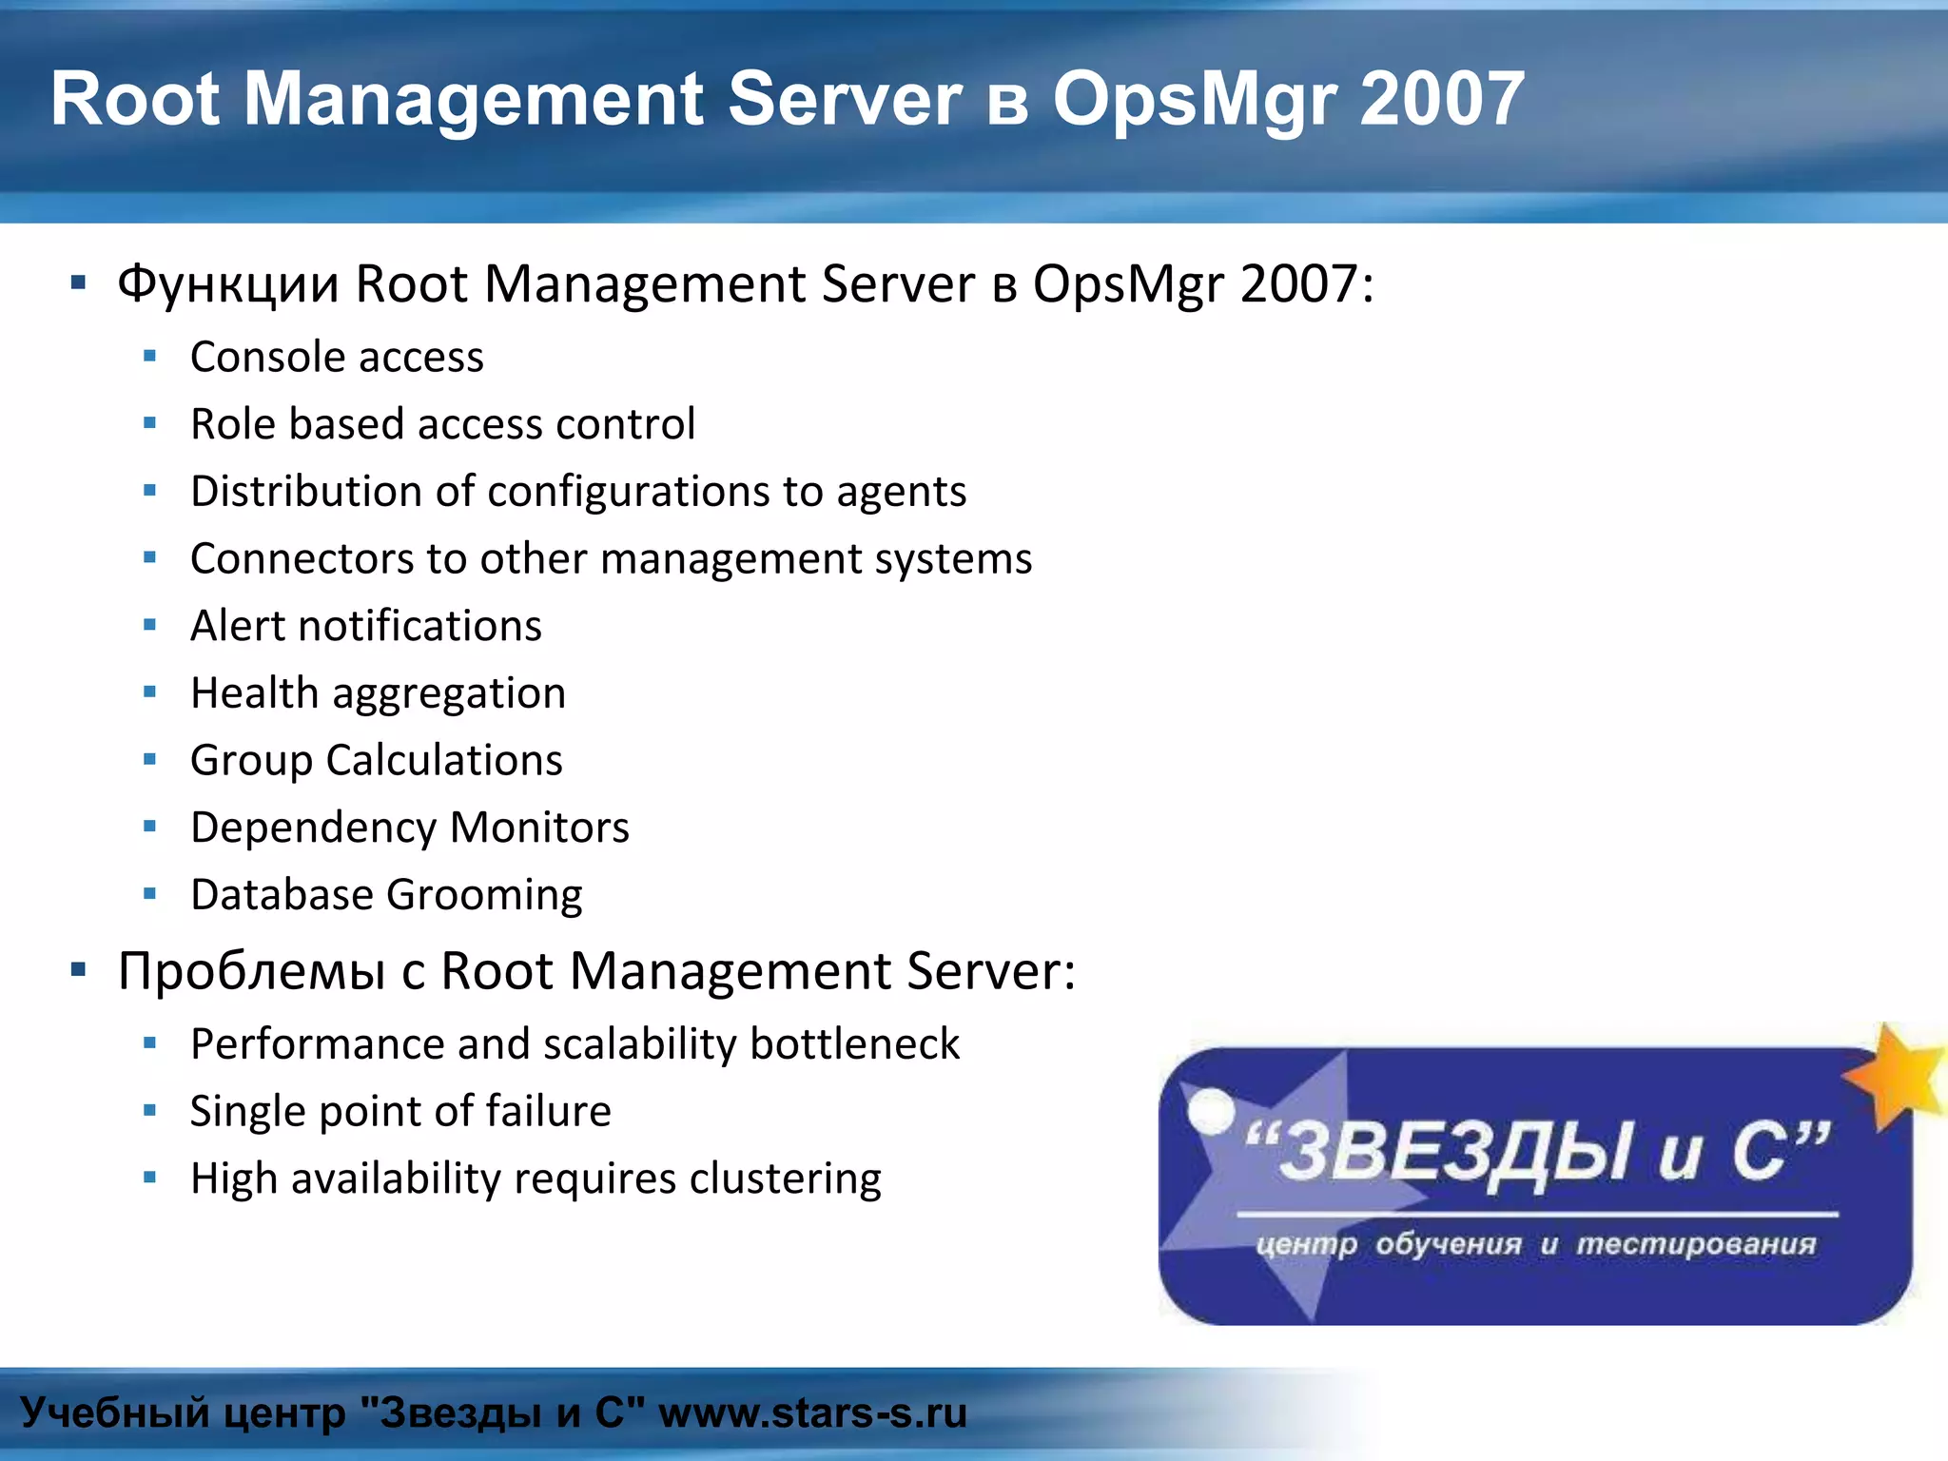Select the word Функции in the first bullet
(227, 284)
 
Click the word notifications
(419, 626)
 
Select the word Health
(254, 693)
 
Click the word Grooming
(484, 896)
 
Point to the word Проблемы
(251, 972)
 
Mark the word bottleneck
(854, 1044)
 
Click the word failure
(549, 1112)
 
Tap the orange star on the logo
(1897, 1075)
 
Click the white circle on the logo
(1211, 1110)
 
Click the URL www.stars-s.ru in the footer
(812, 1413)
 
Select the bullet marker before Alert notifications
(149, 626)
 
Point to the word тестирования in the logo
(1696, 1244)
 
